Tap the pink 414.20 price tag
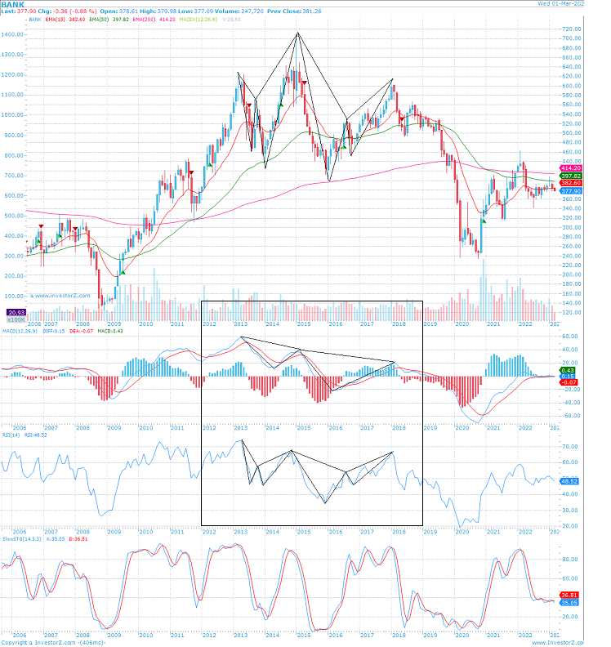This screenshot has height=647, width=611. [x=569, y=167]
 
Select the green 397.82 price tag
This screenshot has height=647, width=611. [x=569, y=176]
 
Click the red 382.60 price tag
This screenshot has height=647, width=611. [x=569, y=184]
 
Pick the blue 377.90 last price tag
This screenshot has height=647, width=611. [x=569, y=191]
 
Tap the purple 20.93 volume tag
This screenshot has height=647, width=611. [x=16, y=313]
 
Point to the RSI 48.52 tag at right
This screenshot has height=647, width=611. [x=569, y=482]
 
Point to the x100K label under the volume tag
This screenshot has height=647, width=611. [x=16, y=321]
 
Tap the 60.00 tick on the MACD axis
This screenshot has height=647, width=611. [x=570, y=337]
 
